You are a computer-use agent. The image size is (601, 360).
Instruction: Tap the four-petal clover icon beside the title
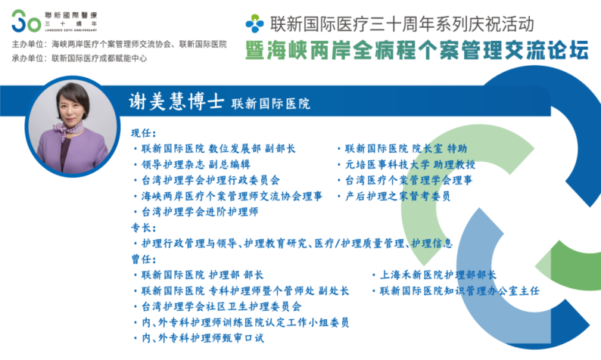point(255,23)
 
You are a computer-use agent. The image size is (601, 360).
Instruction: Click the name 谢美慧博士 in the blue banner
point(176,102)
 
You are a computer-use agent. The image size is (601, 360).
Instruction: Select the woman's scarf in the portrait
point(68,129)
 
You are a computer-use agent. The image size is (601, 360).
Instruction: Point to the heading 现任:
point(144,133)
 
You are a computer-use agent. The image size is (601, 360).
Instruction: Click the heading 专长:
point(144,228)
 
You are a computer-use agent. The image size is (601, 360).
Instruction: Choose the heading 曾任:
point(144,259)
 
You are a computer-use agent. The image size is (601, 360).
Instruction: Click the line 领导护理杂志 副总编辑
point(196,165)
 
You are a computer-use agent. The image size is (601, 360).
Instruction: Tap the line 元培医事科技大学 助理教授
point(410,165)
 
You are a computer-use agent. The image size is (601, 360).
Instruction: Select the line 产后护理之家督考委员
point(397,196)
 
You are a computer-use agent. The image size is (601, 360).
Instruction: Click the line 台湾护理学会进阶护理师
point(200,212)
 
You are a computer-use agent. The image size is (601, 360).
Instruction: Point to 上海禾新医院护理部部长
point(438,275)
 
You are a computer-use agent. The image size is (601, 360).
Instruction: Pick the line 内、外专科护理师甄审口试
point(203,338)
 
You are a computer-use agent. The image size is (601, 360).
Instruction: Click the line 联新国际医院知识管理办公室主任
point(459,291)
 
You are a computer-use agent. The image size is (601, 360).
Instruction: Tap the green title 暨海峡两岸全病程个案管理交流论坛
point(417,50)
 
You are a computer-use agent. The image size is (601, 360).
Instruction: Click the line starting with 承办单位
point(79,58)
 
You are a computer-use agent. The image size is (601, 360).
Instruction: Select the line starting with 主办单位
point(119,45)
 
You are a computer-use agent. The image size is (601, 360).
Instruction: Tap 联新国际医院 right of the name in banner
point(271,104)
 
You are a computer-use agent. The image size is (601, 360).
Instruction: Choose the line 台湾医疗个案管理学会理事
point(409,181)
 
